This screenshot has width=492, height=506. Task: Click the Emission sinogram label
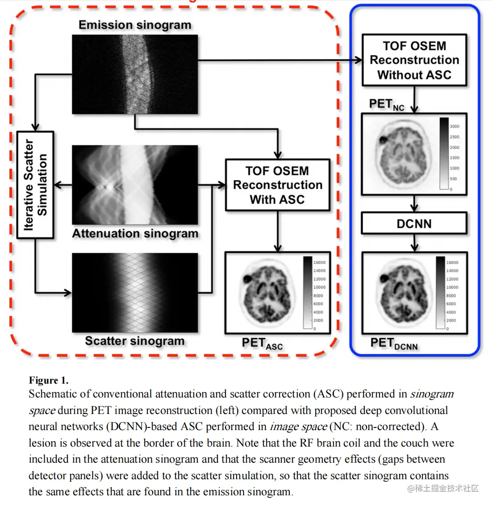pyautogui.click(x=135, y=25)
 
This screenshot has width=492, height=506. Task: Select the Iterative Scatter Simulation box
pyautogui.click(x=35, y=185)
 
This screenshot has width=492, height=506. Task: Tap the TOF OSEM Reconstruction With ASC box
pyautogui.click(x=277, y=185)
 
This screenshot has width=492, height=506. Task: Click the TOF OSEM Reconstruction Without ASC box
pyautogui.click(x=414, y=60)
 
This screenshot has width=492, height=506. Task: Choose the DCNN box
pyautogui.click(x=414, y=223)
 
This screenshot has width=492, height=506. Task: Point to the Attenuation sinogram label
pyautogui.click(x=135, y=234)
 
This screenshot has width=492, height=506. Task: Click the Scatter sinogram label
pyautogui.click(x=134, y=341)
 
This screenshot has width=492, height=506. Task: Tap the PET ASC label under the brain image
pyautogui.click(x=262, y=343)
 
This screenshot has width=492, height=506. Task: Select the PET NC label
pyautogui.click(x=386, y=105)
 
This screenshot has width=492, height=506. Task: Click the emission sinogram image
pyautogui.click(x=135, y=75)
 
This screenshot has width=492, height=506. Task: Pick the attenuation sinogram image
pyautogui.click(x=135, y=185)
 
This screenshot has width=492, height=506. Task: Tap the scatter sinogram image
pyautogui.click(x=135, y=293)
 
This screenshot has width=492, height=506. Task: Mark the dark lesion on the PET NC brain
pyautogui.click(x=383, y=139)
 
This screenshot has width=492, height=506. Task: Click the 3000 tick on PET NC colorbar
pyautogui.click(x=454, y=126)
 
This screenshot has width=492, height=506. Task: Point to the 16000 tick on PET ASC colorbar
pyautogui.click(x=319, y=263)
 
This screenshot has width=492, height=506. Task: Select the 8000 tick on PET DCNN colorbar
pyautogui.click(x=451, y=296)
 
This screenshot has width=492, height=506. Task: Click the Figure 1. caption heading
pyautogui.click(x=49, y=380)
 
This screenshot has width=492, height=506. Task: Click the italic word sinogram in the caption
pyautogui.click(x=432, y=394)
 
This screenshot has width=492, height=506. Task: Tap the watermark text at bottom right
pyautogui.click(x=442, y=488)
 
